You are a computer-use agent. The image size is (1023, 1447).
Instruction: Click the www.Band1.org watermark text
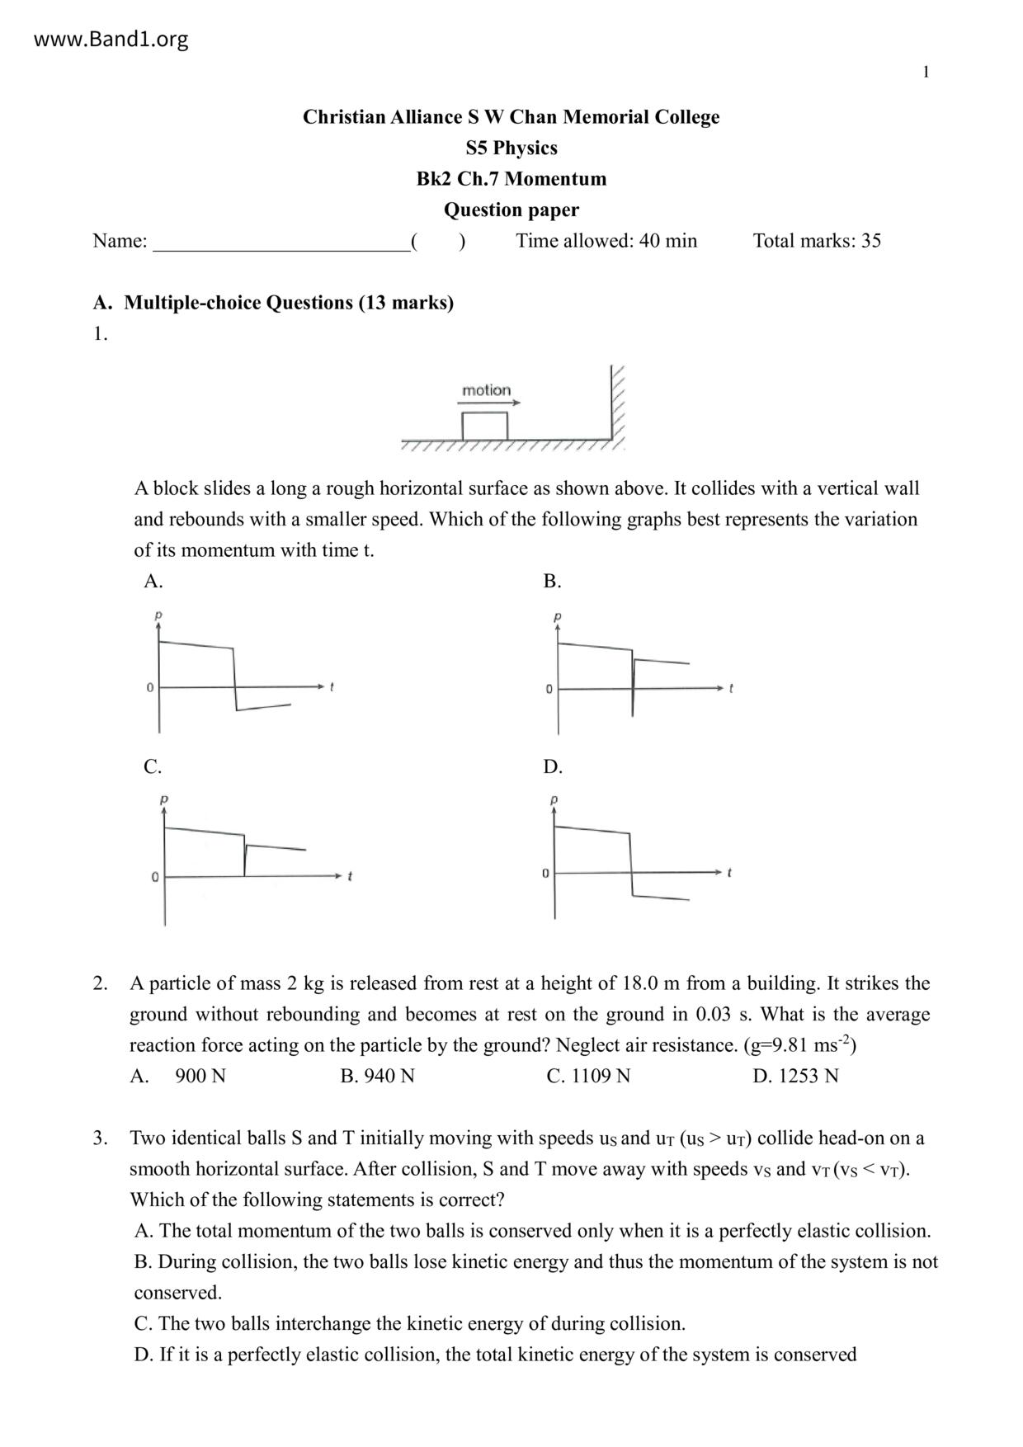[x=111, y=39]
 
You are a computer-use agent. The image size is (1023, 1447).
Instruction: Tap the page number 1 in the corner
[x=926, y=73]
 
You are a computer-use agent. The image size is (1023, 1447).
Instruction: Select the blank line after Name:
[x=281, y=242]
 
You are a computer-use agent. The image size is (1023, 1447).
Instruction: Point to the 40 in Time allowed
[x=649, y=241]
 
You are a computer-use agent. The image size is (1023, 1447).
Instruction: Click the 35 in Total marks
[x=871, y=241]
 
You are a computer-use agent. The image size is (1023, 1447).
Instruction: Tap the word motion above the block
[x=486, y=390]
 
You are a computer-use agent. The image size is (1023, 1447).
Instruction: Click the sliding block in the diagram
[x=484, y=426]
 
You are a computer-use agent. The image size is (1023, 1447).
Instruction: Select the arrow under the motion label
[x=489, y=403]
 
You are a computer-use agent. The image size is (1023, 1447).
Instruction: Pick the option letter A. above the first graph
[x=153, y=582]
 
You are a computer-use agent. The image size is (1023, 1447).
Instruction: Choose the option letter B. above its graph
[x=552, y=582]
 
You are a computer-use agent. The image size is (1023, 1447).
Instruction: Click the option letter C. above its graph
[x=153, y=767]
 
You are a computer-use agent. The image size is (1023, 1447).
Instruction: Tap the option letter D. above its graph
[x=553, y=767]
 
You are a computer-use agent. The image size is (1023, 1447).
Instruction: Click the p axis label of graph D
[x=554, y=800]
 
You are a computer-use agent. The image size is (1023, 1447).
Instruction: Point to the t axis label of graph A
[x=332, y=686]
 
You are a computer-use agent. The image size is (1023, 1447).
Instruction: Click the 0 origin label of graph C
[x=154, y=877]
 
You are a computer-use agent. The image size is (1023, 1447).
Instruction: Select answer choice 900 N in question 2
[x=200, y=1076]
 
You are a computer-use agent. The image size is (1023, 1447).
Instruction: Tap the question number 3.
[x=100, y=1138]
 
